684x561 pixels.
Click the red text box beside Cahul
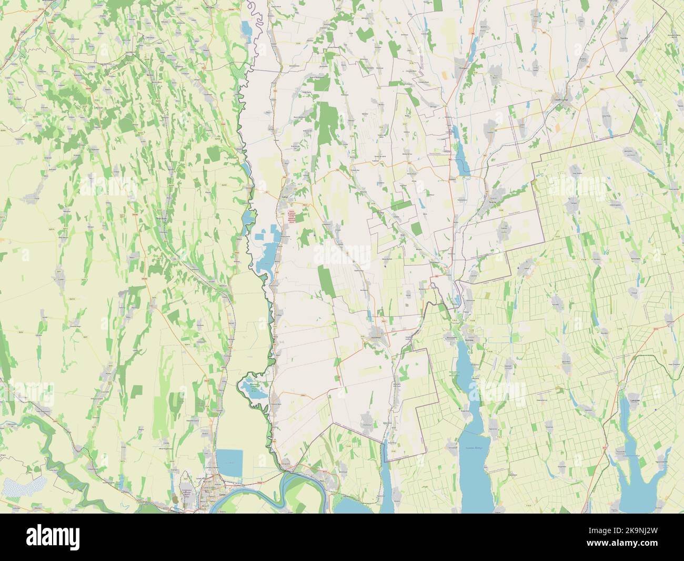291,217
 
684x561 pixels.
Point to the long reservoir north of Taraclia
462,161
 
